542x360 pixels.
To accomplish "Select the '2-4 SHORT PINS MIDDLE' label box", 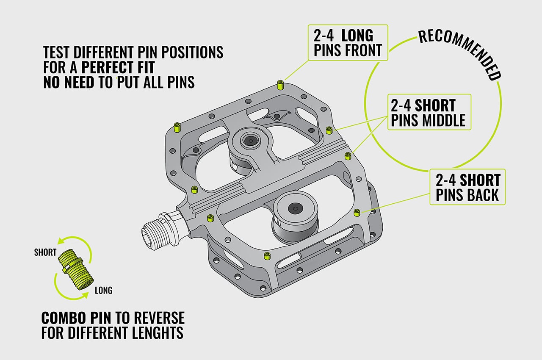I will [x=429, y=112].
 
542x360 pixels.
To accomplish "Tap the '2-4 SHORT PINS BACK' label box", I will [x=467, y=187].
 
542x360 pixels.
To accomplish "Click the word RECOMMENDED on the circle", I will [x=462, y=53].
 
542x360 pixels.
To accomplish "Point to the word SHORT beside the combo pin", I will [x=45, y=252].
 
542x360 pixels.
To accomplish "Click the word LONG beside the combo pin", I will [x=103, y=291].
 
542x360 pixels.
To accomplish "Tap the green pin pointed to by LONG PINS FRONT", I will [x=279, y=84].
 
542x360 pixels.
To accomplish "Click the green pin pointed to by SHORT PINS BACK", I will [x=356, y=212].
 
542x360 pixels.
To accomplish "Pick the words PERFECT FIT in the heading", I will [x=122, y=67].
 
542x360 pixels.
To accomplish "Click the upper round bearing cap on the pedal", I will [x=251, y=141].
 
